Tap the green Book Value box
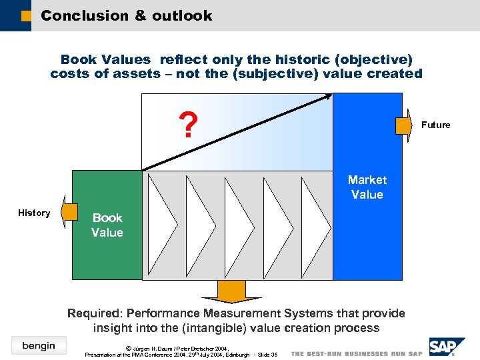pos(107,225)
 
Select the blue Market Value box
pos(367,187)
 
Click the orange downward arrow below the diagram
pos(231,292)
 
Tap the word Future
pos(435,125)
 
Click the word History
pos(34,213)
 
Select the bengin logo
pos(38,345)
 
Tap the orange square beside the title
pos(26,16)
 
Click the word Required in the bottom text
pos(94,313)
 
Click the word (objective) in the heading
pos(375,59)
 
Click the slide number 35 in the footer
pos(273,355)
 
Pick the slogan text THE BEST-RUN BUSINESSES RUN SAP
pos(357,353)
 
